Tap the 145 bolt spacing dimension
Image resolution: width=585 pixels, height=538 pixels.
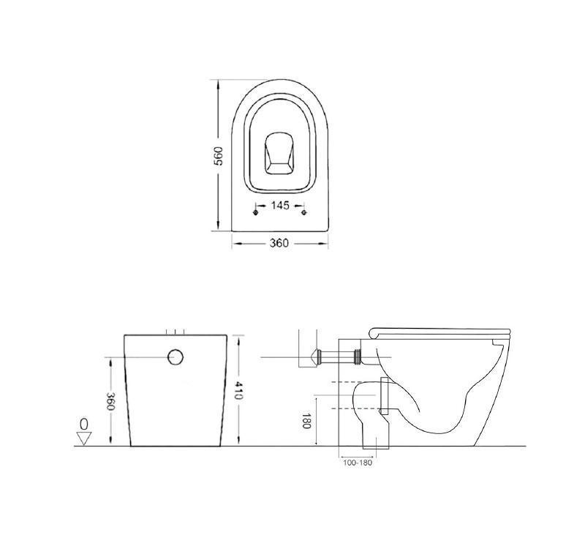[279, 206]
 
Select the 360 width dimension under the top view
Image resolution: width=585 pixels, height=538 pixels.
[279, 243]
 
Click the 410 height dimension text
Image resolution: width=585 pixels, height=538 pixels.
[239, 391]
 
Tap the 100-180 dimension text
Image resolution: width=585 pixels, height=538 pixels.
[358, 463]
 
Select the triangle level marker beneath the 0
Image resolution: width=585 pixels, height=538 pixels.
[84, 438]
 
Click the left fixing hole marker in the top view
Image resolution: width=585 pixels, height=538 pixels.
[254, 212]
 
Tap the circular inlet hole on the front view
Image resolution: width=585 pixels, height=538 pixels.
[176, 357]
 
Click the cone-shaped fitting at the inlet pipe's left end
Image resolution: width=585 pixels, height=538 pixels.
[316, 358]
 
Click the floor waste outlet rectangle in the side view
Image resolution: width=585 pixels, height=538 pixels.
[375, 437]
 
